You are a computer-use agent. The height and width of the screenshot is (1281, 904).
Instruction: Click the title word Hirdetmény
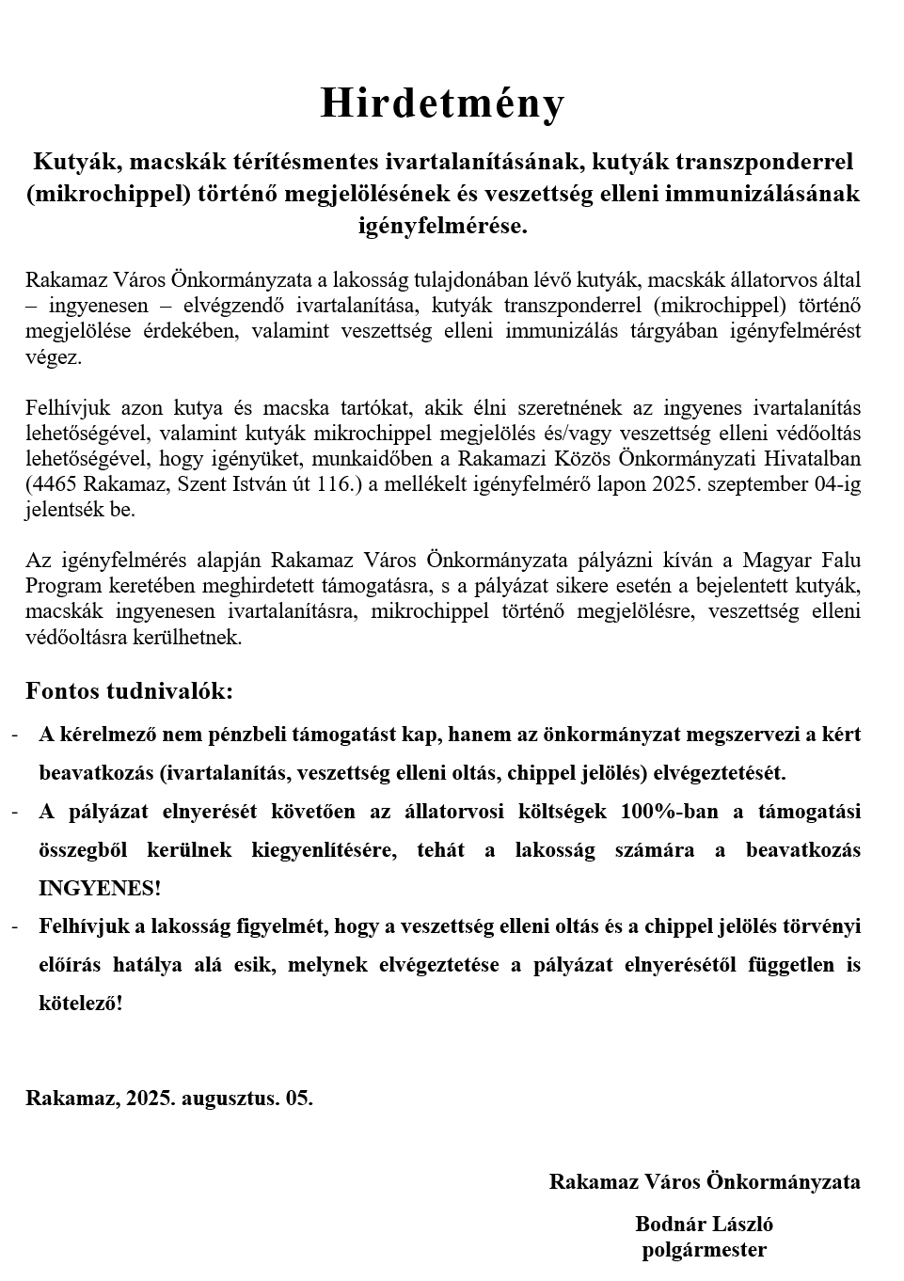point(442,103)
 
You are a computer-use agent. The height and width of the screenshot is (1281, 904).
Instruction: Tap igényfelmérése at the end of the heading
point(440,226)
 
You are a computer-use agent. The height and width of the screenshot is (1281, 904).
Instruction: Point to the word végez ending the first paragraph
point(54,357)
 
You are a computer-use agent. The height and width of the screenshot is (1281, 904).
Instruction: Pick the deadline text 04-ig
point(835,485)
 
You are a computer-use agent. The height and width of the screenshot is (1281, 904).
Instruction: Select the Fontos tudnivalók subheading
point(129,691)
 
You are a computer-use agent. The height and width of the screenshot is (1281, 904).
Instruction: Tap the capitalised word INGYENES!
point(100,888)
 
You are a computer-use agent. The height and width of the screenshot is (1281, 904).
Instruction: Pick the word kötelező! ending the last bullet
point(81,1003)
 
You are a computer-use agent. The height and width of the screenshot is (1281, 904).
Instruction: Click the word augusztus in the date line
point(225,1098)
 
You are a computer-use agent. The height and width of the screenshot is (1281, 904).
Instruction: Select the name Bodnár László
point(704,1225)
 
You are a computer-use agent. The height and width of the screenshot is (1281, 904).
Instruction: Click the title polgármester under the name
point(704,1250)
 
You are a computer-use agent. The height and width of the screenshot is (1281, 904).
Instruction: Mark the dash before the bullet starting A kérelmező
point(15,735)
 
